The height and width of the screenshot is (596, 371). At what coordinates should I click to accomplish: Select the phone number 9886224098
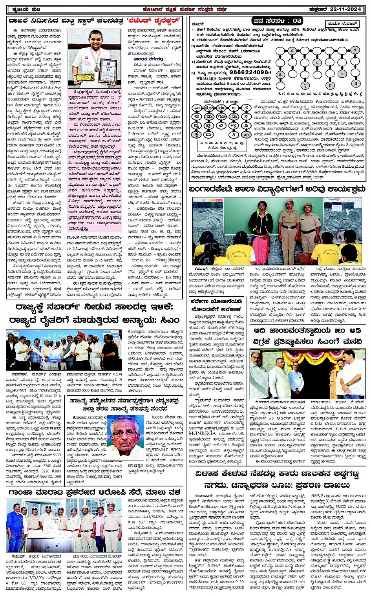[x=252, y=72]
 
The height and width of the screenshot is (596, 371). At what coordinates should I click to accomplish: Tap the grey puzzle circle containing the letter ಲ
[x=317, y=62]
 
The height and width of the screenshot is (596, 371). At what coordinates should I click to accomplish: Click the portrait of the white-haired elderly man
[x=126, y=432]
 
